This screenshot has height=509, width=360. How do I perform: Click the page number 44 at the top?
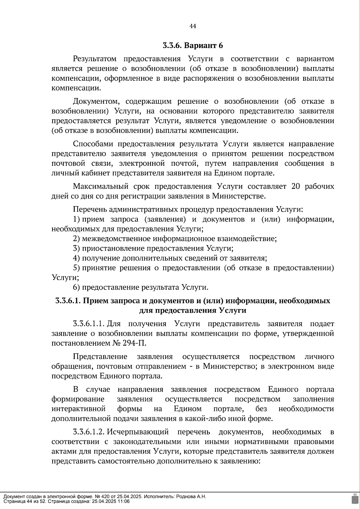tap(193, 26)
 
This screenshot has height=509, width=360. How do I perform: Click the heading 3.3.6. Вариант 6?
tap(193, 46)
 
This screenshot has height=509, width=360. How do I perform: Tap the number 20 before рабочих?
tap(295, 186)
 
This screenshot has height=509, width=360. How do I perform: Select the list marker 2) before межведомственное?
tap(76, 239)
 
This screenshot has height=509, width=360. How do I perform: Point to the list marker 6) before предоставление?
tap(76, 287)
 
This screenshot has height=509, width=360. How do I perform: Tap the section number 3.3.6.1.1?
tap(88, 324)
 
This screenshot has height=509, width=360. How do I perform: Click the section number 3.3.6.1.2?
tap(88, 432)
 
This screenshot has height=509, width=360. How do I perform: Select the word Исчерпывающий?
tap(138, 432)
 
